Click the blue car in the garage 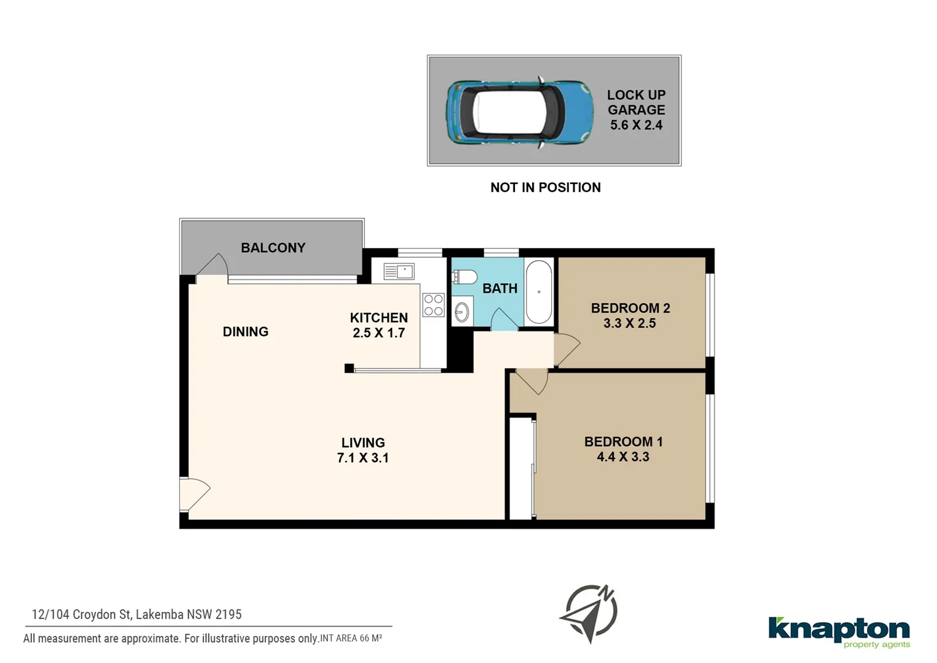coord(519,112)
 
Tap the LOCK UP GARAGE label coord(636,103)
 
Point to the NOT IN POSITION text coord(545,188)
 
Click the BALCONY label coord(273,248)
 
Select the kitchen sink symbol coord(399,271)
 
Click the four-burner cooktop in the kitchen coord(433,305)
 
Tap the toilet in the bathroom coord(465,277)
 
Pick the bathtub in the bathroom coord(539,292)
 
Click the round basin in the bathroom coord(461,312)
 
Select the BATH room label coord(500,289)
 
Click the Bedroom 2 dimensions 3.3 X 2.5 coord(629,324)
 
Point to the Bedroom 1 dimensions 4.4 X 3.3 coord(622,457)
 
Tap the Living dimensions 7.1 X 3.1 coord(363,458)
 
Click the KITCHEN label coord(378,318)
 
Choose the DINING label coord(245,332)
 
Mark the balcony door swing coord(213,267)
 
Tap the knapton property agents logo coord(839,632)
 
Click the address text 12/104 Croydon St coord(136,615)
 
